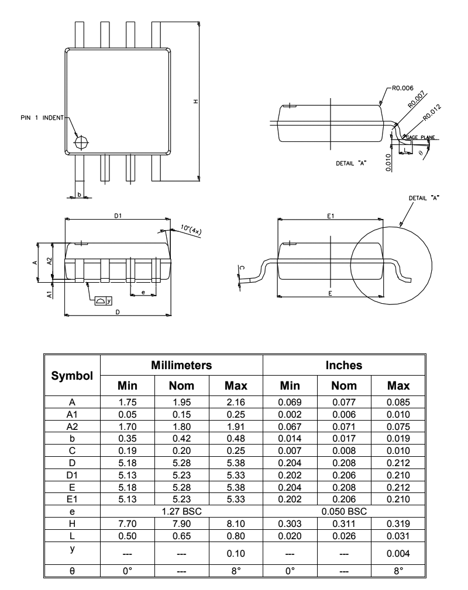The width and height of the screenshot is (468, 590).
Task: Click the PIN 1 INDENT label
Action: (x=42, y=118)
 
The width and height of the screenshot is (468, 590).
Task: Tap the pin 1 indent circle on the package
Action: (x=81, y=143)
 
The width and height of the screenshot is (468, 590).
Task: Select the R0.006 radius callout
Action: (x=402, y=88)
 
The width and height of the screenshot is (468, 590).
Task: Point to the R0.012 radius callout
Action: (x=432, y=113)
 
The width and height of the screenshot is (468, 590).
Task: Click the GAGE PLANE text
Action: (x=421, y=137)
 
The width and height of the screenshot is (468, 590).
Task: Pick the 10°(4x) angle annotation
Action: (x=191, y=229)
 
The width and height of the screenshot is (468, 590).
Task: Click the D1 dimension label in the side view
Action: (x=118, y=216)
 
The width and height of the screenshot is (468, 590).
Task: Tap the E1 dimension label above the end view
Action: (x=331, y=216)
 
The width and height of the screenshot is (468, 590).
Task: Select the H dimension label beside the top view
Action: (x=195, y=102)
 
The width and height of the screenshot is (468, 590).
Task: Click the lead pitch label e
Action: (x=143, y=292)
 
